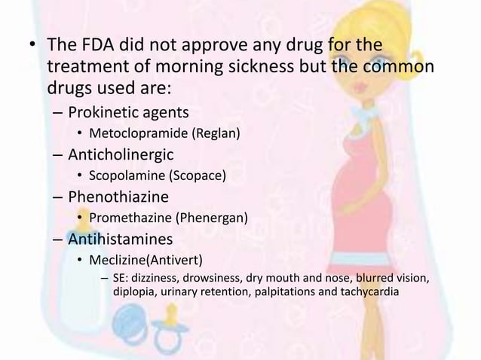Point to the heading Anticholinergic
pyautogui.click(x=121, y=156)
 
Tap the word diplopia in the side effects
pyautogui.click(x=133, y=292)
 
